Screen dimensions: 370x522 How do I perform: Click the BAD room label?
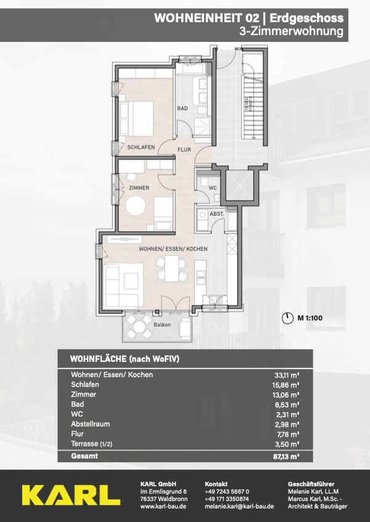[x=183, y=108]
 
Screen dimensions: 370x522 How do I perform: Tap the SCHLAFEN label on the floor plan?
[x=141, y=147]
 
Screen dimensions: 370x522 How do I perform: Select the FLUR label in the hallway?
[x=184, y=150]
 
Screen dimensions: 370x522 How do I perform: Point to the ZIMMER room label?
[x=139, y=188]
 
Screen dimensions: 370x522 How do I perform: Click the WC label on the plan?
[x=213, y=188]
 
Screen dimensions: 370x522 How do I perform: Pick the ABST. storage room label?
[x=217, y=214]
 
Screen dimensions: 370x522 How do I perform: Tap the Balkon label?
[x=162, y=325]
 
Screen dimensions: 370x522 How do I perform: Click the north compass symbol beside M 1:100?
[x=286, y=318]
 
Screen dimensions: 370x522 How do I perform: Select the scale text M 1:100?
[x=310, y=318]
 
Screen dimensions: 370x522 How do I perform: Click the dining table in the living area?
[x=172, y=268]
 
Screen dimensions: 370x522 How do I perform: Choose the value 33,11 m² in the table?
[x=286, y=375]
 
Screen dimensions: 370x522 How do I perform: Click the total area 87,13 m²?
[x=286, y=457]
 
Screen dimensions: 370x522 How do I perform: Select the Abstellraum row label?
[x=90, y=424]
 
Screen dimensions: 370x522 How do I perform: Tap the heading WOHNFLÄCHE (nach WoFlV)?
[x=125, y=359]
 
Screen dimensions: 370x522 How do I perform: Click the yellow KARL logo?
[x=72, y=495]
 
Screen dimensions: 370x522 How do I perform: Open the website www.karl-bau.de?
[x=163, y=507]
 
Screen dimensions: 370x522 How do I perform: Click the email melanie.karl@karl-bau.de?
[x=239, y=507]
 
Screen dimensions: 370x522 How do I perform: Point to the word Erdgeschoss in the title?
[x=306, y=18]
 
